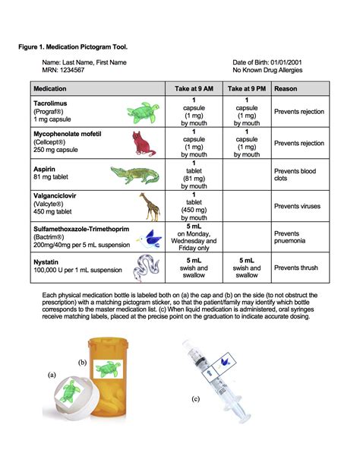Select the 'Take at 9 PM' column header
[x=246, y=88]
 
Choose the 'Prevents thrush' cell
[x=298, y=268]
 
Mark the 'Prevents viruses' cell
[x=299, y=206]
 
